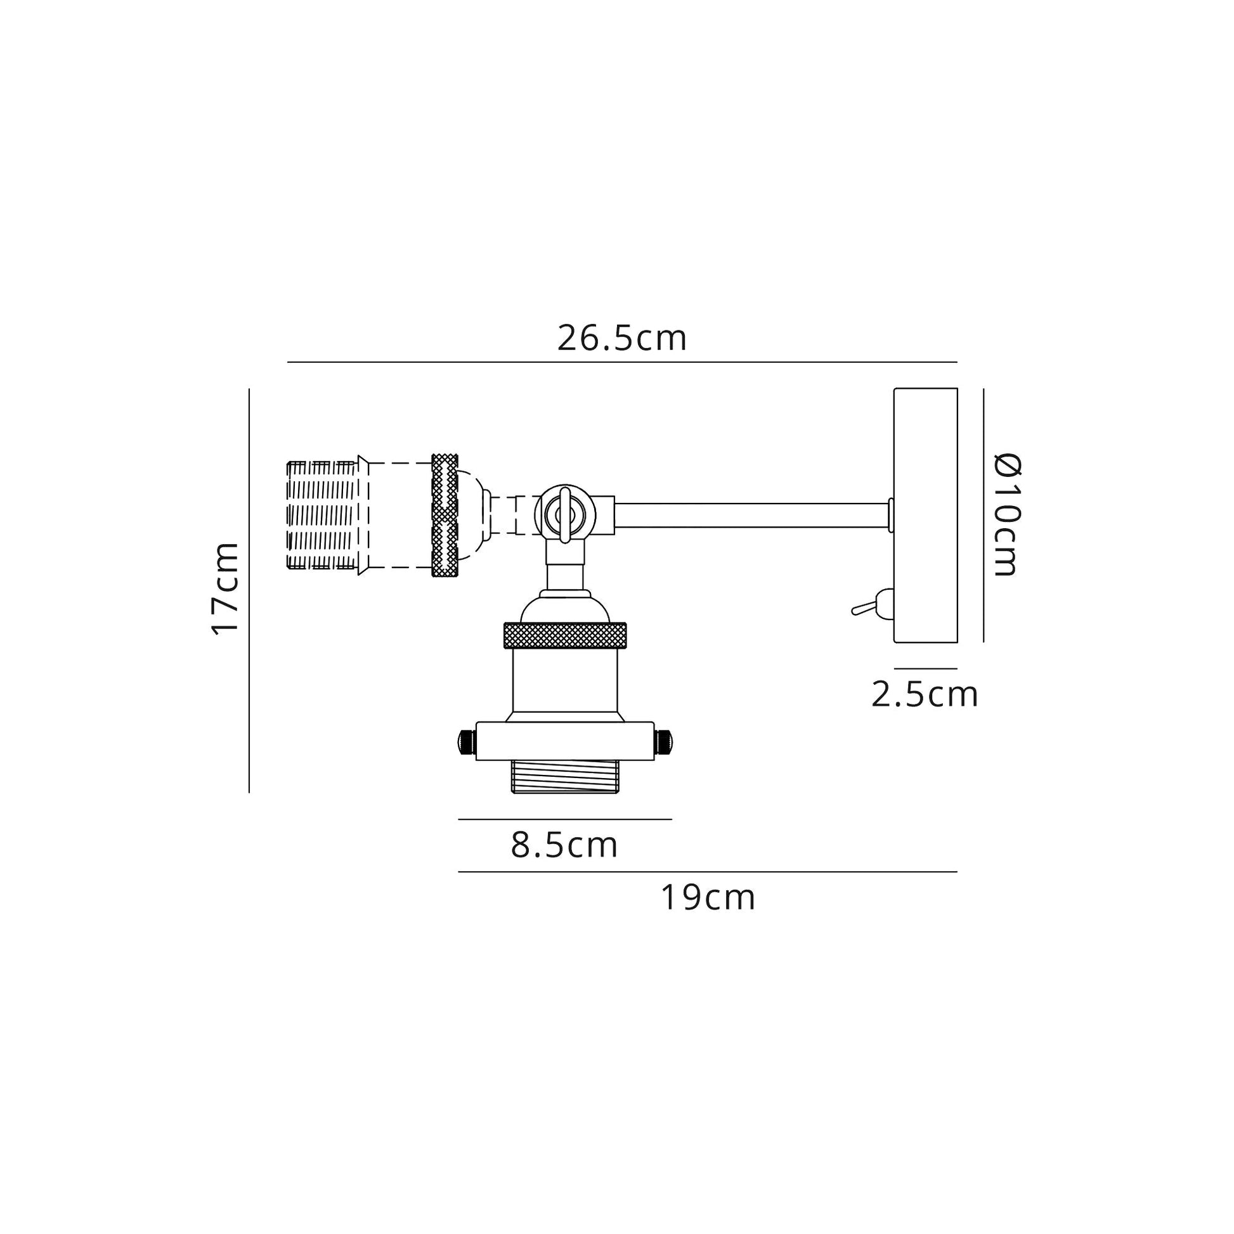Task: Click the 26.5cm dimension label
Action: pos(622,338)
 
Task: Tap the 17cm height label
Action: pos(226,588)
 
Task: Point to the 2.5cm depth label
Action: pos(925,694)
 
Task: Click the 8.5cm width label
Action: pos(564,845)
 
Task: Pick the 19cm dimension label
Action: pos(708,897)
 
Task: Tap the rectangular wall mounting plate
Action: pos(926,515)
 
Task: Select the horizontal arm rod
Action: pos(752,515)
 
